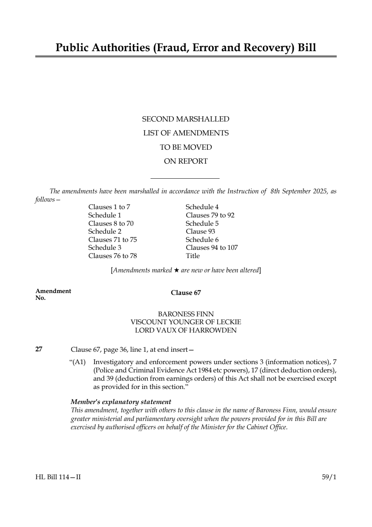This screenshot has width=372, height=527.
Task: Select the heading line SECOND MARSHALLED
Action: [x=185, y=119]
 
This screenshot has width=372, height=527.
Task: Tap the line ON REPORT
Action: [x=185, y=161]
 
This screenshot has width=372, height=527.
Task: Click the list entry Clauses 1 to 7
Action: [x=109, y=207]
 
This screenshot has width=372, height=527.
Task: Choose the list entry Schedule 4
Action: [x=202, y=207]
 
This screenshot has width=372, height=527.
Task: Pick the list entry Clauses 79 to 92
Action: [x=210, y=215]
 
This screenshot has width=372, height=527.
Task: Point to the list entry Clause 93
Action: [x=200, y=231]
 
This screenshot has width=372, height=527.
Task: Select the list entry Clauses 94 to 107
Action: [x=212, y=248]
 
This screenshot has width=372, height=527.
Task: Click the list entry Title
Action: [x=193, y=256]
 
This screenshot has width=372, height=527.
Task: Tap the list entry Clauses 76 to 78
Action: [x=112, y=256]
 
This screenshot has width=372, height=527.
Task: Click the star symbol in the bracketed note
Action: [x=176, y=270]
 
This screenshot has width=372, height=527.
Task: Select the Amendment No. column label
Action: [x=53, y=294]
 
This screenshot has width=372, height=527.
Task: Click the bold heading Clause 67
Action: [x=186, y=293]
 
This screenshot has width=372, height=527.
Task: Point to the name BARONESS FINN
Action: [x=185, y=314]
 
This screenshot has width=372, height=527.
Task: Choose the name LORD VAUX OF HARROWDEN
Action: [x=185, y=330]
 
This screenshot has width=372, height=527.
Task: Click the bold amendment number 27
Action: [x=39, y=349]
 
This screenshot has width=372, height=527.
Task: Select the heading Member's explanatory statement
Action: [x=121, y=402]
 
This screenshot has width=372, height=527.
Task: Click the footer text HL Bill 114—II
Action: [x=58, y=477]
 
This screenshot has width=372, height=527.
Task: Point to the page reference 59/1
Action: [x=329, y=477]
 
